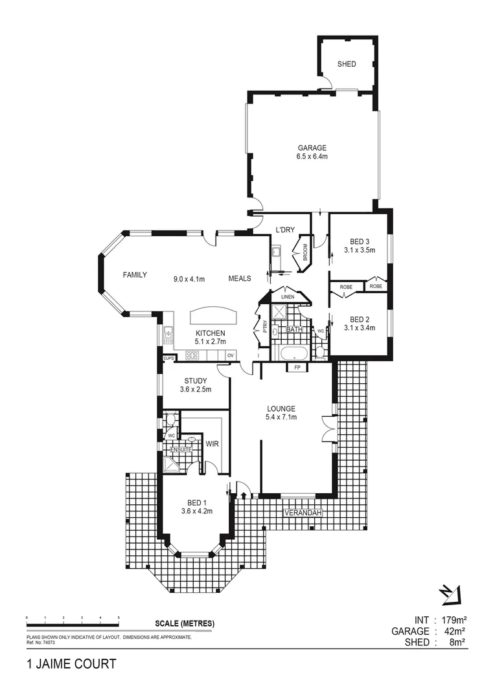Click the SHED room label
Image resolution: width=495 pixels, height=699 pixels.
pyautogui.click(x=347, y=64)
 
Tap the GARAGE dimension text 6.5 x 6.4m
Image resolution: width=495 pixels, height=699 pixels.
pyautogui.click(x=312, y=157)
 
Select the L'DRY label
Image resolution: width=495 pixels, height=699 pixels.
pyautogui.click(x=284, y=230)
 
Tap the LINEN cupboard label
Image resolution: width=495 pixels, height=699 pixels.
pyautogui.click(x=288, y=296)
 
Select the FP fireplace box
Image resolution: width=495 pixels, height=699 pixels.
pyautogui.click(x=298, y=368)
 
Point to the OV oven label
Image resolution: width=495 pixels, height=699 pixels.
pyautogui.click(x=230, y=355)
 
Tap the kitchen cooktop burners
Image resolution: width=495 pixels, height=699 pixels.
pyautogui.click(x=192, y=355)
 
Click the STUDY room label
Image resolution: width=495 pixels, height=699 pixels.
pyautogui.click(x=195, y=381)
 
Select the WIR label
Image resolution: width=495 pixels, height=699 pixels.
pyautogui.click(x=211, y=444)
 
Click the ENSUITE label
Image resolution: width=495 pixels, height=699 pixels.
pyautogui.click(x=181, y=449)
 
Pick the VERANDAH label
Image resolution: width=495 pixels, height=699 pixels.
pyautogui.click(x=302, y=513)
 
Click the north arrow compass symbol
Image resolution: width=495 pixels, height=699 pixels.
pyautogui.click(x=449, y=592)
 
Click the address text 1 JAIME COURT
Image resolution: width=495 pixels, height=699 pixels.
pyautogui.click(x=71, y=663)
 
